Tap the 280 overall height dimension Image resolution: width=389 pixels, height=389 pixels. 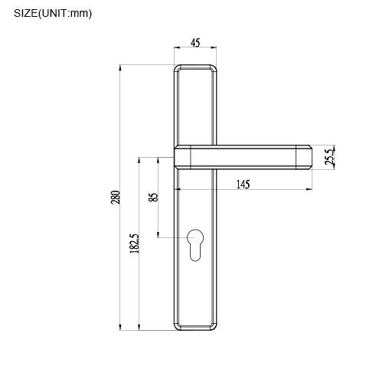pyautogui.click(x=116, y=197)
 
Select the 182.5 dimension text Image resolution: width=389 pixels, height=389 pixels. pyautogui.click(x=134, y=244)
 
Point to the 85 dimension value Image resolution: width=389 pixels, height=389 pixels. pyautogui.click(x=153, y=197)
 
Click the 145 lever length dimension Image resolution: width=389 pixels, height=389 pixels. pyautogui.click(x=242, y=184)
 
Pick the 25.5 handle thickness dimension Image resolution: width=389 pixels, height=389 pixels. pyautogui.click(x=329, y=157)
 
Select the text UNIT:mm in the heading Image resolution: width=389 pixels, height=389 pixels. pyautogui.click(x=75, y=13)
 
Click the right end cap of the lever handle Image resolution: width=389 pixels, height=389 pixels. pyautogui.click(x=303, y=157)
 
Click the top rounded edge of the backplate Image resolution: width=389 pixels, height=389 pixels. pyautogui.click(x=196, y=67)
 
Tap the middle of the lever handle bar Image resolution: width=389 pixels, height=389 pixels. pyautogui.click(x=242, y=157)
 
